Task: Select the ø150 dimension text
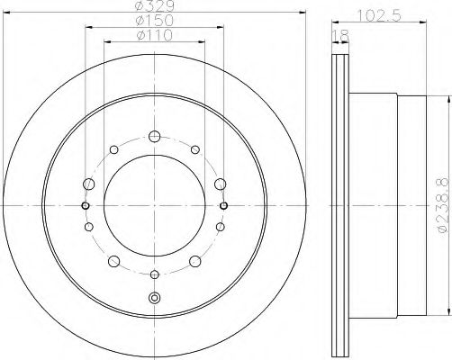click(x=154, y=22)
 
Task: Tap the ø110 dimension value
click(x=154, y=36)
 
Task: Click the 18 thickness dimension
click(x=339, y=35)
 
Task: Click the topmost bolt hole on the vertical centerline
click(x=154, y=138)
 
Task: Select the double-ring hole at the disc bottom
click(x=154, y=298)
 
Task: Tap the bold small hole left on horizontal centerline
click(x=86, y=205)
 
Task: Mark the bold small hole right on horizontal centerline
click(x=222, y=205)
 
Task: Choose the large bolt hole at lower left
click(x=115, y=262)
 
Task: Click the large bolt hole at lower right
click(x=194, y=262)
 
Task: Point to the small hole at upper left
click(x=111, y=149)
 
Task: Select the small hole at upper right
click(x=197, y=149)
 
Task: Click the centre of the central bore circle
click(x=154, y=205)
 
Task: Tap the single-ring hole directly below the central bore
click(x=154, y=274)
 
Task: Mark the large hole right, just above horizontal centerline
click(x=221, y=184)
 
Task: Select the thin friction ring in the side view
click(x=340, y=205)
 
